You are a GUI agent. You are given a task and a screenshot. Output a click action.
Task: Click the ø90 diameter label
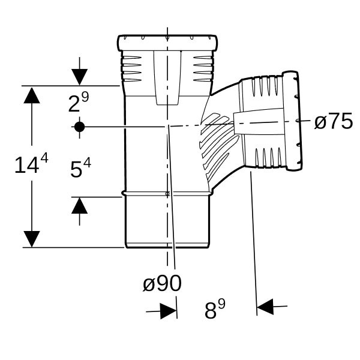click(162, 283)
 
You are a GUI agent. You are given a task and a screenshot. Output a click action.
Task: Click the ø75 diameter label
click(334, 121)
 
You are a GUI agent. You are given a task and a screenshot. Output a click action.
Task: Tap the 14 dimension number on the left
click(26, 165)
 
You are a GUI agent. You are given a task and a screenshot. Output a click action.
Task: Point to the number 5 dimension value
click(76, 169)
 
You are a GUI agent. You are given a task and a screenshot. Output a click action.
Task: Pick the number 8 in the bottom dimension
click(211, 311)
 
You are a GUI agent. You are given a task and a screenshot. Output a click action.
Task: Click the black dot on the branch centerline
click(79, 127)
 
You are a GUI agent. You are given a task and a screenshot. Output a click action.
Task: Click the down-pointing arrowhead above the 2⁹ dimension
click(79, 77)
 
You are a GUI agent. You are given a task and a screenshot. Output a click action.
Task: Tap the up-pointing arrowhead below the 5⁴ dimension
click(79, 205)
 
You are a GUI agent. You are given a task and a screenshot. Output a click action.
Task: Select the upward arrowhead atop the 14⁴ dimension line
click(32, 95)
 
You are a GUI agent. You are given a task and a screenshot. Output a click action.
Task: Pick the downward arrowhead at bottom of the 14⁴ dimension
click(32, 239)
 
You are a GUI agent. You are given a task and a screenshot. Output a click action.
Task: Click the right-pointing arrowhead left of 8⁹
click(169, 311)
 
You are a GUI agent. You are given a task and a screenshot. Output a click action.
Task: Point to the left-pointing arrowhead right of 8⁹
click(265, 307)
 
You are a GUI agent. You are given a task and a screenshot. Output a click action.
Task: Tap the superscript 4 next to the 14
click(44, 158)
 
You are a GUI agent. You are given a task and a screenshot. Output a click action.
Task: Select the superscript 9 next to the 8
click(221, 305)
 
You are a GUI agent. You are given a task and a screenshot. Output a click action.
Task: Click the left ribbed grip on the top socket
click(131, 68)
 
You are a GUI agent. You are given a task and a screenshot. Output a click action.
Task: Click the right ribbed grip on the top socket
click(203, 68)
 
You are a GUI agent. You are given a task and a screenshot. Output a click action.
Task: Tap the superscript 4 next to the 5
click(87, 163)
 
